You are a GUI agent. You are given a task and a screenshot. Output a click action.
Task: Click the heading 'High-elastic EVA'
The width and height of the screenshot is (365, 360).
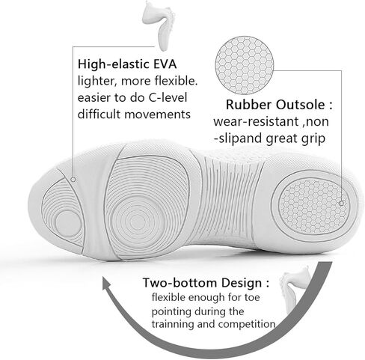pos(127,64)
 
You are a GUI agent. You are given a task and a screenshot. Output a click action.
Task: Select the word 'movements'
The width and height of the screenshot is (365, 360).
pos(157,115)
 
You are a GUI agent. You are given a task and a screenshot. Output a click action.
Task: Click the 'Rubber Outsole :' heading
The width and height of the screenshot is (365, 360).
pos(279,105)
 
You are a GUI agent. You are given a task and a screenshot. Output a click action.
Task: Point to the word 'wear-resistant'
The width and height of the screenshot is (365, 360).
pos(257,121)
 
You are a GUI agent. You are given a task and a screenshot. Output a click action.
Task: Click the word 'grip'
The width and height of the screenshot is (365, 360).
pos(313,138)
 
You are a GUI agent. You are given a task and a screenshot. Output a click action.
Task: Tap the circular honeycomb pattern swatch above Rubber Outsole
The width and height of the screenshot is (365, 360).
pos(245,65)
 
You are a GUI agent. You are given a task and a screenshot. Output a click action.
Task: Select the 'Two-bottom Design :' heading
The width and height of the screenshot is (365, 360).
pos(206,283)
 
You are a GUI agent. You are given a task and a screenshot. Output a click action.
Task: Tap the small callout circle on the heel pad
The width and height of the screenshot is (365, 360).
pos(341,204)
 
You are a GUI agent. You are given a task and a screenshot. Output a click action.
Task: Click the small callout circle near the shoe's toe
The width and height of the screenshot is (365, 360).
pos(73,180)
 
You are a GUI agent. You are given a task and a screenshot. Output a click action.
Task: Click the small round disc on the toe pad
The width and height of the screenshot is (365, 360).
pos(68,223)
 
